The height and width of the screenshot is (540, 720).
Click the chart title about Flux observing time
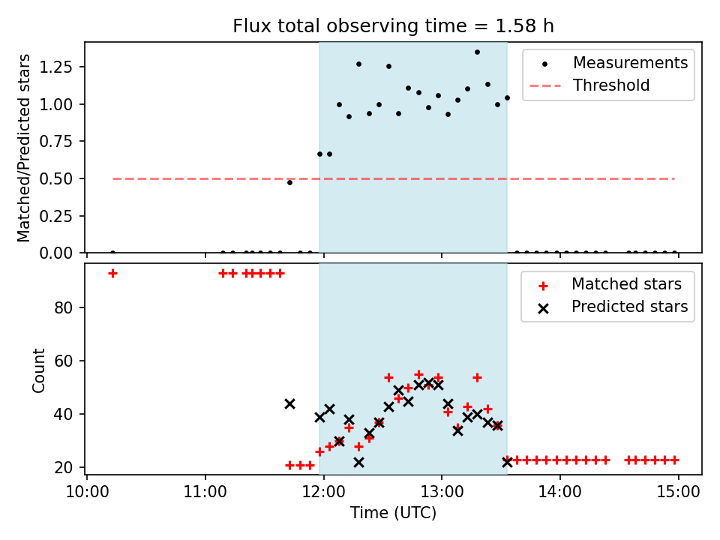pos(393,26)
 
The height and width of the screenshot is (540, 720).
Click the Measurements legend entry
pos(630,63)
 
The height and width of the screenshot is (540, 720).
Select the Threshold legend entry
pos(611,85)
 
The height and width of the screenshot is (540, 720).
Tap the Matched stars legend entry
pos(626,284)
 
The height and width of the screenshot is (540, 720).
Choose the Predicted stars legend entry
pos(629,307)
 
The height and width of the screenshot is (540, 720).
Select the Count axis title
pos(39,370)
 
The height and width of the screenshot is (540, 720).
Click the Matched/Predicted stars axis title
pos(25,148)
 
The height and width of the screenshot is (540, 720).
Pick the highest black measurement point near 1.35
pos(477,52)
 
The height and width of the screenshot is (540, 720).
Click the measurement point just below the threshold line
pos(289,182)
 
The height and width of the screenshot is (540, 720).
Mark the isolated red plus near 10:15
pos(112,274)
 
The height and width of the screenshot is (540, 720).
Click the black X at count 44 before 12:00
pos(289,403)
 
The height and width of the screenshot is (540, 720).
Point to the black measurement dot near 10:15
pos(112,253)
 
